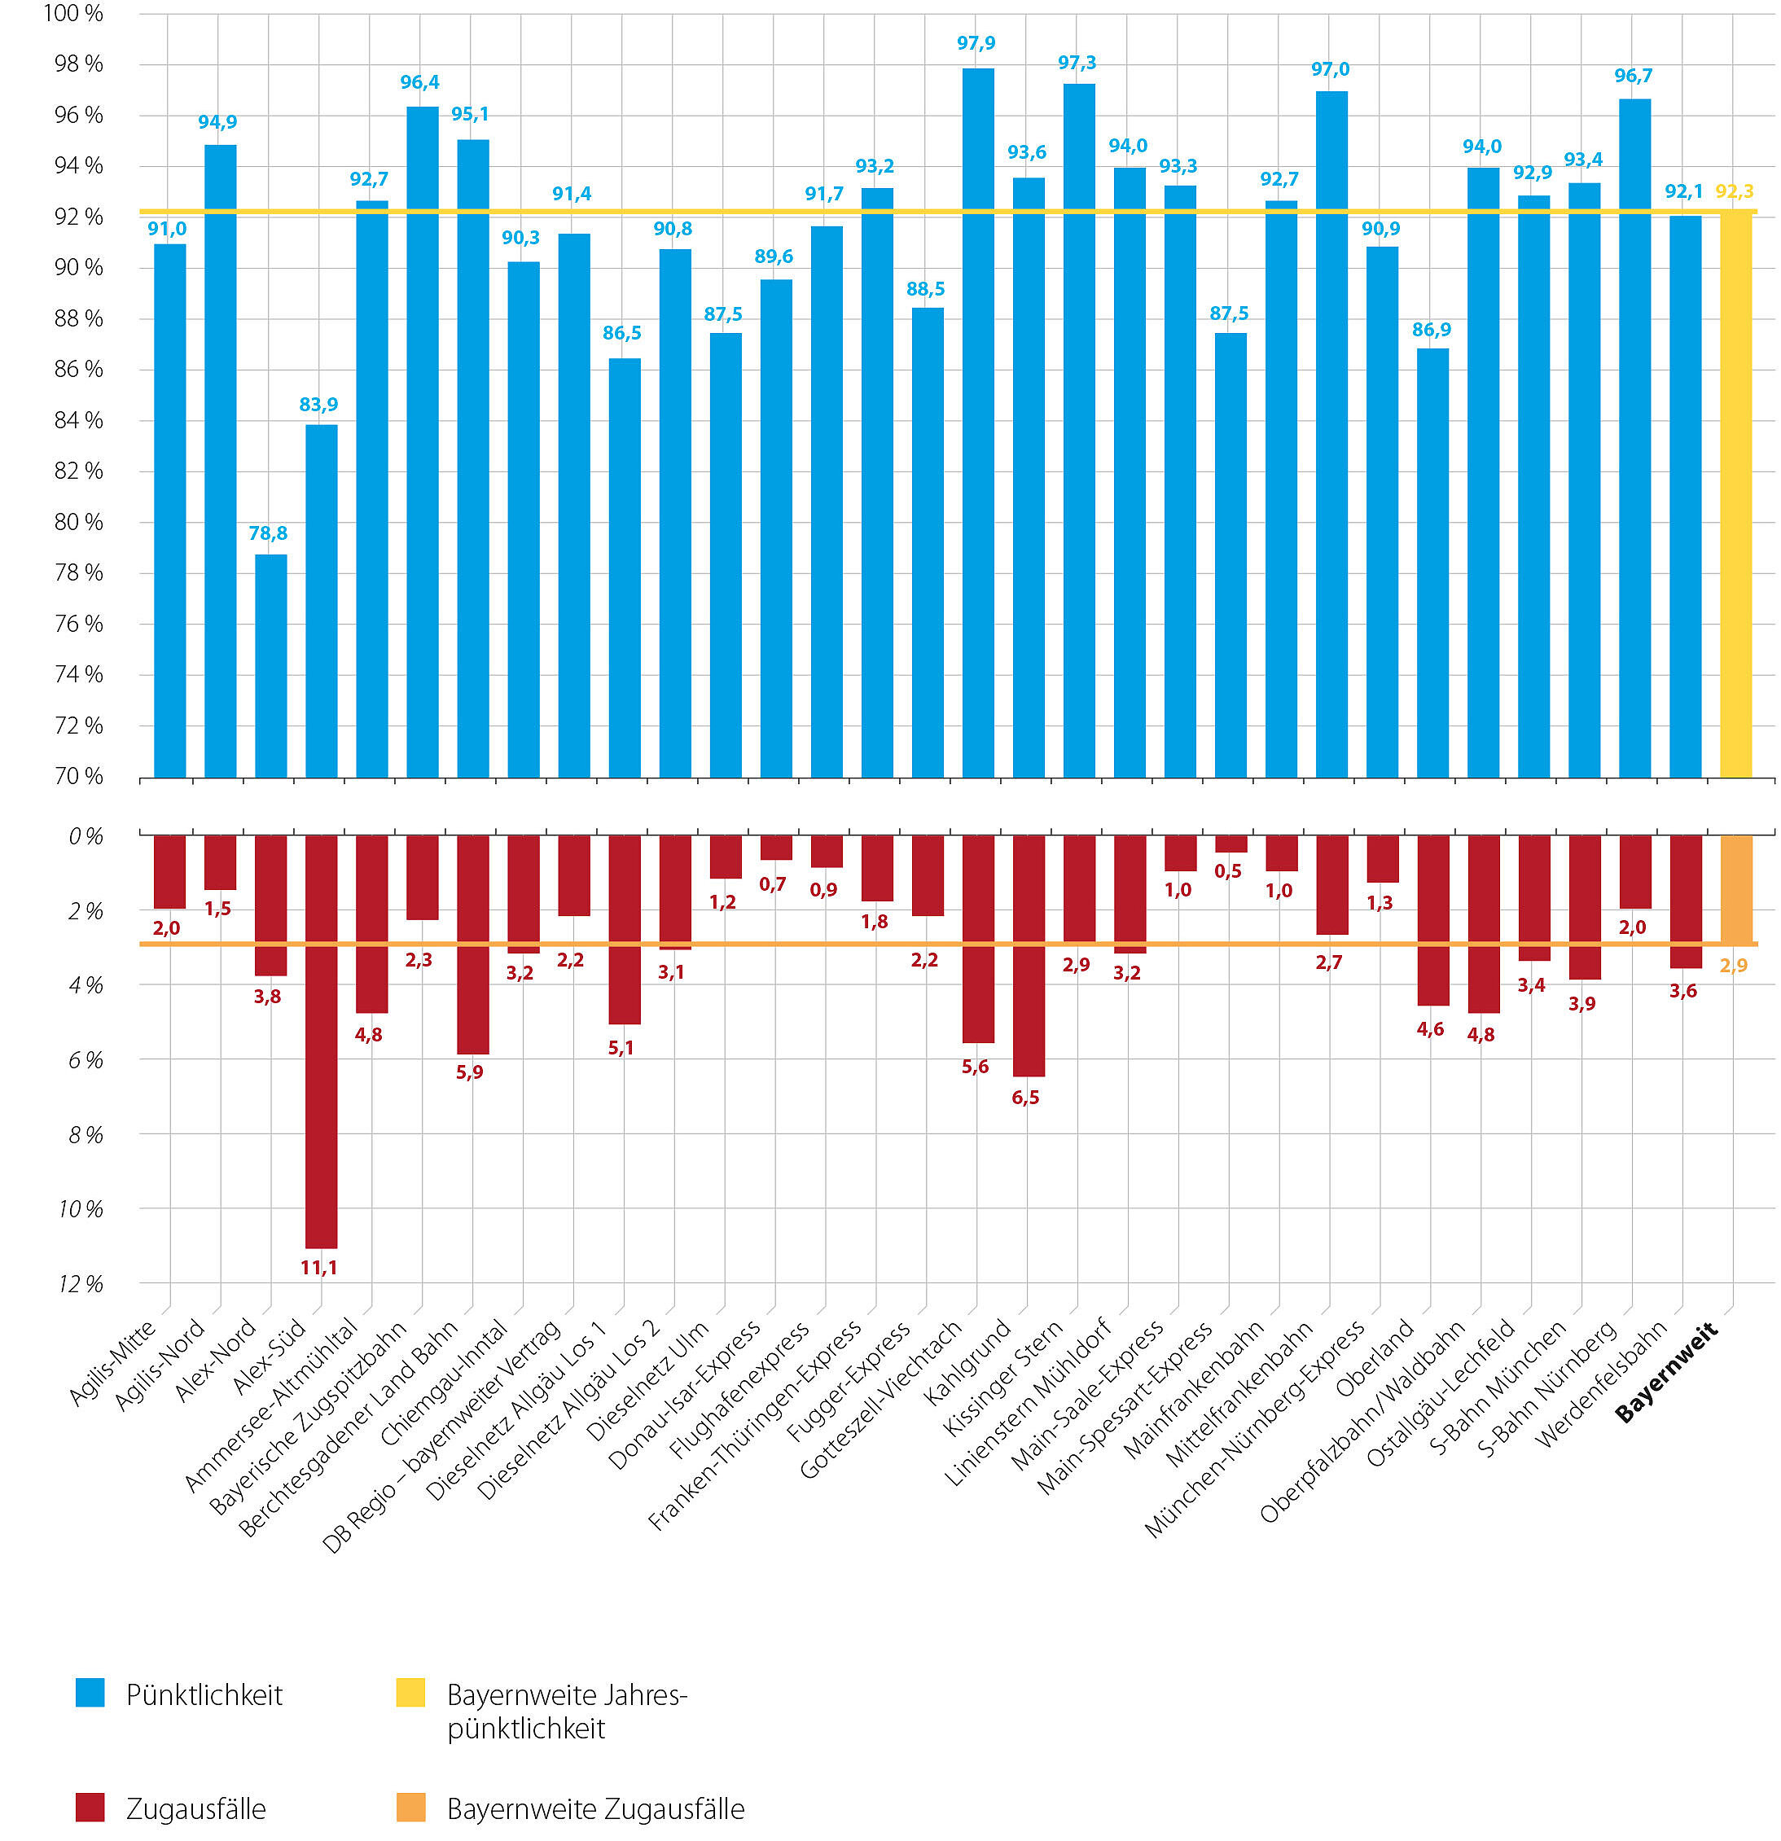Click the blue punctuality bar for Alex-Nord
pyautogui.click(x=270, y=666)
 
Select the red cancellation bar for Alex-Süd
pyautogui.click(x=321, y=1041)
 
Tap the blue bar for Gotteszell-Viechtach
pyautogui.click(x=978, y=423)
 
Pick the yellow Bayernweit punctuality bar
pyautogui.click(x=1736, y=494)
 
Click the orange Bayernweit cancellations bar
pyautogui.click(x=1736, y=889)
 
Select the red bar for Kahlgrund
pyautogui.click(x=1029, y=955)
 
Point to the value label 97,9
pyautogui.click(x=976, y=43)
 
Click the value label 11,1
pyautogui.click(x=318, y=1268)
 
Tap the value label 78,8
pyautogui.click(x=268, y=533)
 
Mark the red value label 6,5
pyautogui.click(x=1026, y=1097)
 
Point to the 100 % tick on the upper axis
pyautogui.click(x=73, y=14)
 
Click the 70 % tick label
pyautogui.click(x=79, y=777)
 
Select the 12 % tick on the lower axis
pyautogui.click(x=81, y=1284)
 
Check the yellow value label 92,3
pyautogui.click(x=1734, y=191)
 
